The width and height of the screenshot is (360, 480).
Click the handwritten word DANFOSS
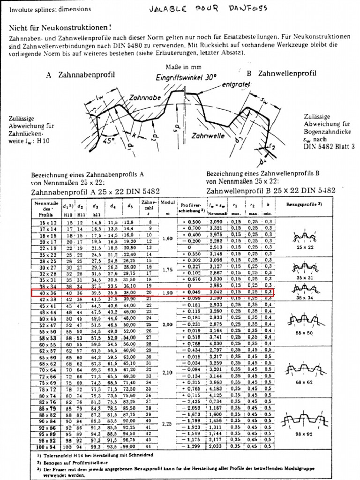coord(247,9)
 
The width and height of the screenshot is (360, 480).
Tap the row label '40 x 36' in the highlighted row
coord(46,292)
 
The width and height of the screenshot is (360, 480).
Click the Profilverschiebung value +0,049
coord(190,292)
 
